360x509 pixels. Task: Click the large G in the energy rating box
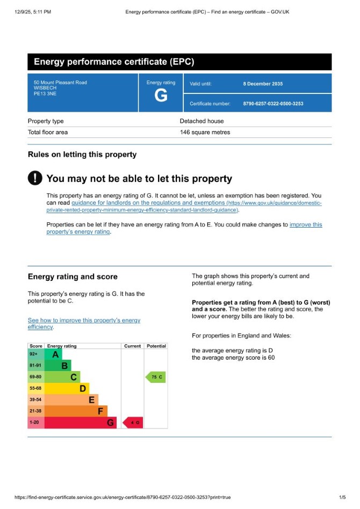(161, 96)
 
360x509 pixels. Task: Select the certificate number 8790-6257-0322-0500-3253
(273, 104)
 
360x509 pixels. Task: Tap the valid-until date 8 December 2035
(263, 84)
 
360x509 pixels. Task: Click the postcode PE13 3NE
(45, 93)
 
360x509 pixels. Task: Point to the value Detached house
(201, 121)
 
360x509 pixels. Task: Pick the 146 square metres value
(205, 132)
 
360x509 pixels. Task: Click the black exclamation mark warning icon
(35, 178)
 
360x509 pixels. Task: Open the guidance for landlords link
(148, 203)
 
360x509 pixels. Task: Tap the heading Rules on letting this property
(82, 155)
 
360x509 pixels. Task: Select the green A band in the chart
(53, 354)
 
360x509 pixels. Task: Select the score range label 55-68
(35, 388)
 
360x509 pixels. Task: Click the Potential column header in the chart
(156, 346)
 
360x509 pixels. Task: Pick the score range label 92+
(34, 354)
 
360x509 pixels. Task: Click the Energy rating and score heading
(73, 277)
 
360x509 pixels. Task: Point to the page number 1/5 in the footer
(342, 497)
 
